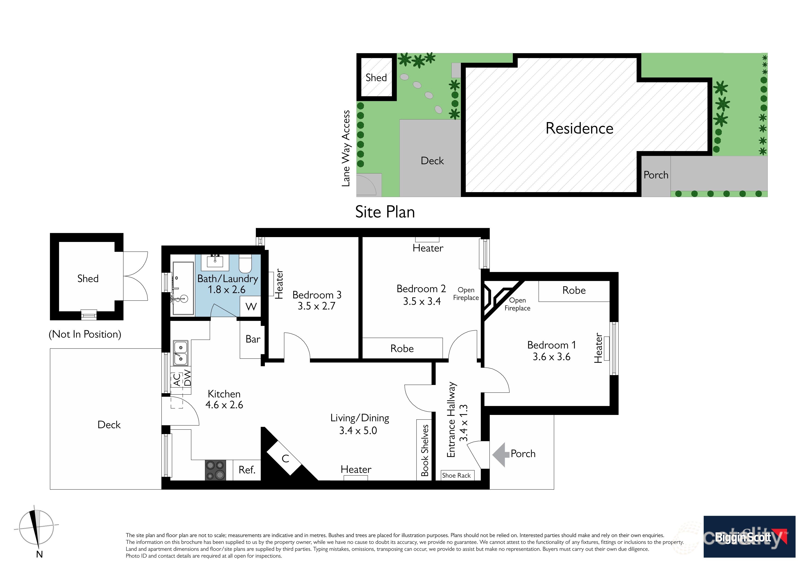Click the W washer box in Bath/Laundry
(x=251, y=307)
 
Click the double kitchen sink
(x=180, y=353)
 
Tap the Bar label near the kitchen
(x=253, y=339)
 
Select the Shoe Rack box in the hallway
(x=456, y=475)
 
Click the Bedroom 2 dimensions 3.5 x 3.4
(x=422, y=301)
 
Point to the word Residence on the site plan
(x=579, y=128)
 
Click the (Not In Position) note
(x=85, y=334)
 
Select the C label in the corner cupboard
(x=285, y=459)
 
